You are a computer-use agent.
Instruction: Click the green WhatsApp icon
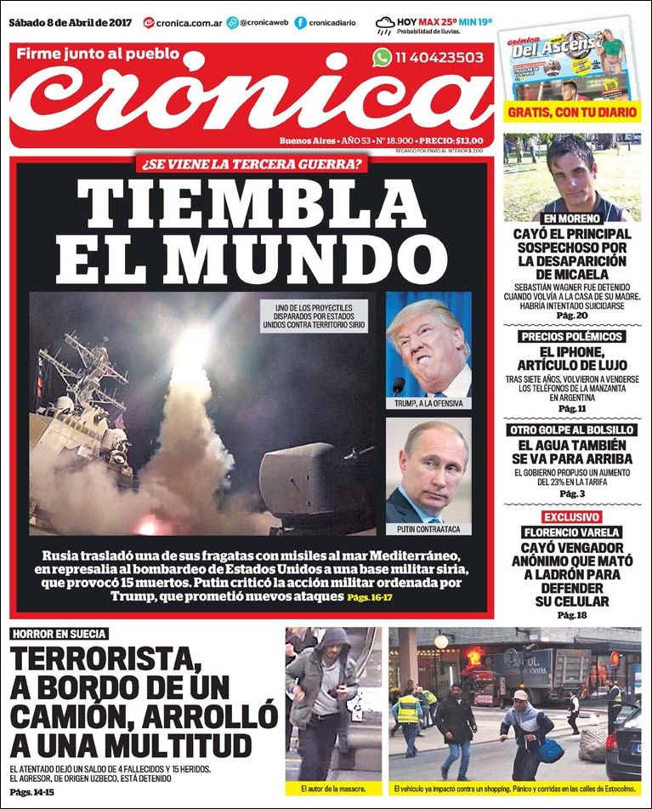(382, 57)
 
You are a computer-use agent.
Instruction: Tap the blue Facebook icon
(300, 23)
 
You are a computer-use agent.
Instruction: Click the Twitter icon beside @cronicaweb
(233, 23)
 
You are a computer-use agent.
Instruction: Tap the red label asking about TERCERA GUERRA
(252, 164)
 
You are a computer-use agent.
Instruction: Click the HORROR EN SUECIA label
(60, 634)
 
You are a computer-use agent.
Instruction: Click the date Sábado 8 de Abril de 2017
(72, 21)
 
